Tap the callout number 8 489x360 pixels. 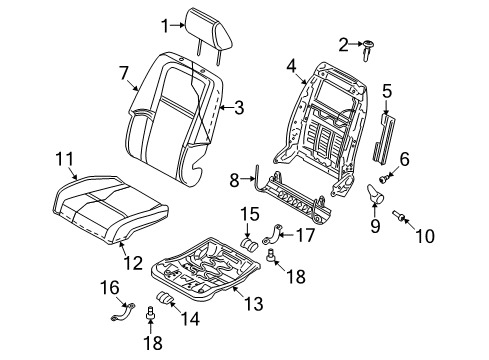point(234,180)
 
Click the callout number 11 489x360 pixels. point(63,157)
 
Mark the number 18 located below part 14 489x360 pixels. point(151,342)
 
